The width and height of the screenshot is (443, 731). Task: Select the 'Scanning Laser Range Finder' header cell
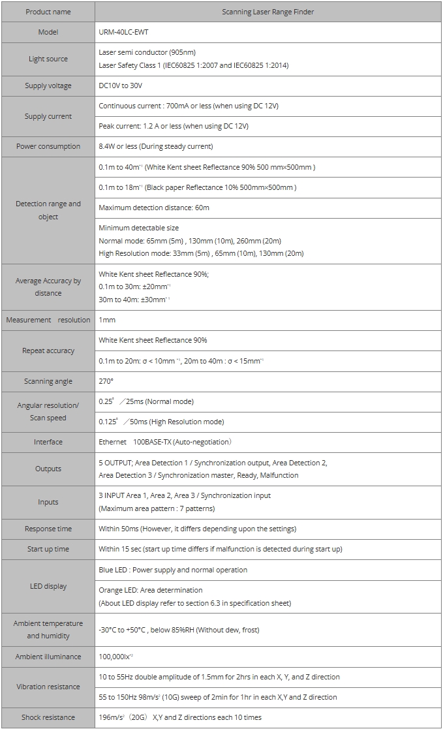(x=267, y=12)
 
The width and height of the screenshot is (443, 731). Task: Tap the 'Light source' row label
(x=48, y=59)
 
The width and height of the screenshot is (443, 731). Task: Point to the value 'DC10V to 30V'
(x=121, y=86)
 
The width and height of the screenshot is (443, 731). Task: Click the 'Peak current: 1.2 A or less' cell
(x=174, y=126)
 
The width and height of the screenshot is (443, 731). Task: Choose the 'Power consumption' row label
(x=48, y=146)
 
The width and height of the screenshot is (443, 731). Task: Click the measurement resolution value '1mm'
(x=108, y=320)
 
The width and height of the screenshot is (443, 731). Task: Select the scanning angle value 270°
(x=106, y=381)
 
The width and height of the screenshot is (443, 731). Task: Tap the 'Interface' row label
(x=48, y=442)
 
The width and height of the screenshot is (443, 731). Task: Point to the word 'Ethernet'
(x=113, y=442)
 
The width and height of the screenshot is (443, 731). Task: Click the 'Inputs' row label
(x=48, y=502)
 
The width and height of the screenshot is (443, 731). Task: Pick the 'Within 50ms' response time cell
(x=197, y=529)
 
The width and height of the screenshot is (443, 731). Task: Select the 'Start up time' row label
(x=48, y=549)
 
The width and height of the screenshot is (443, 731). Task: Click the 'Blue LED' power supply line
(x=173, y=570)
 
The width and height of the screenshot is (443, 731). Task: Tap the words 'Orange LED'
(x=118, y=590)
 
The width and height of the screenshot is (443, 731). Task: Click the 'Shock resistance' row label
(x=48, y=717)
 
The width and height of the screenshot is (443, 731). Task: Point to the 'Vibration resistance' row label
(x=48, y=687)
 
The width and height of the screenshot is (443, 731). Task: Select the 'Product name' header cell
(x=48, y=12)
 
